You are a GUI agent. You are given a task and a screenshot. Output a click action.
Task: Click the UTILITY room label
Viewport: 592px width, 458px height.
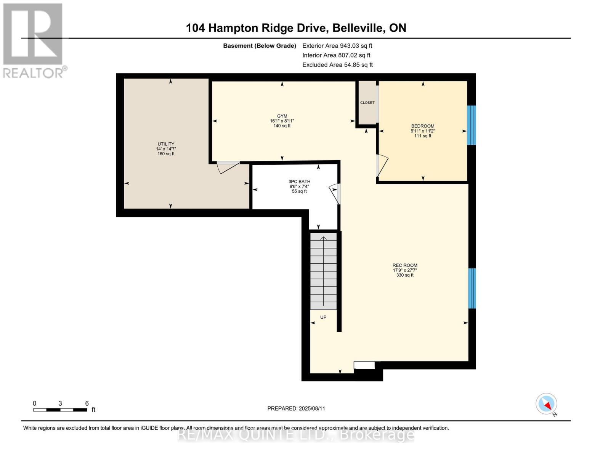point(166,144)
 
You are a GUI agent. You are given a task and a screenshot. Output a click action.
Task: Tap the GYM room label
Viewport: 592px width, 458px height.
point(282,116)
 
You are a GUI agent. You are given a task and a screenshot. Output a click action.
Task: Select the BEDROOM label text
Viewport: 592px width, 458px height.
point(422,126)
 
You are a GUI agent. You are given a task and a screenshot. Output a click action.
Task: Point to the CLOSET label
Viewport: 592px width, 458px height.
point(367,103)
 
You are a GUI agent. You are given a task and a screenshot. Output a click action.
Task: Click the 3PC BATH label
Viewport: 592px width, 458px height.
point(299,182)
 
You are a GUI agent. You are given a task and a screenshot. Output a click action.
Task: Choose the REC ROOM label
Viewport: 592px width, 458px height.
point(405,265)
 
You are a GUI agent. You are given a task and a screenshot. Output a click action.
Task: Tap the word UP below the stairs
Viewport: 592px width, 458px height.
point(323,317)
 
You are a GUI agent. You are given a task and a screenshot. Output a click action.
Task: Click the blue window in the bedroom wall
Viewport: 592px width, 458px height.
point(472,125)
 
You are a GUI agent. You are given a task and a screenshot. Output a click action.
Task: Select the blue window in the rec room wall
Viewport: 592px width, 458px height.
point(472,288)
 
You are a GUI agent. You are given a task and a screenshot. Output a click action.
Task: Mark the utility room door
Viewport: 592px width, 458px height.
point(228,166)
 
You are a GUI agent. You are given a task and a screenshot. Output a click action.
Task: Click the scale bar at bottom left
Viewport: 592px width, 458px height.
point(60,410)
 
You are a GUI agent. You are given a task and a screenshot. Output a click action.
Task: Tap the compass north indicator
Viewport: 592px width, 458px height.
point(547,404)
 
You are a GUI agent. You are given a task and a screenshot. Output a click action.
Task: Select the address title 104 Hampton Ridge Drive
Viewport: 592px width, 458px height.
point(296,28)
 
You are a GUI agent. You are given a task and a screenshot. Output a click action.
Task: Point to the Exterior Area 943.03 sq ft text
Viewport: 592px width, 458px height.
point(337,45)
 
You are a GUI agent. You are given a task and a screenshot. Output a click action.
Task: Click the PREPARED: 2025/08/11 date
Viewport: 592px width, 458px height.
point(296,408)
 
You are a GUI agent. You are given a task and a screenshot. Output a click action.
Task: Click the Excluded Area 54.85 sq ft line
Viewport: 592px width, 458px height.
point(337,65)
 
